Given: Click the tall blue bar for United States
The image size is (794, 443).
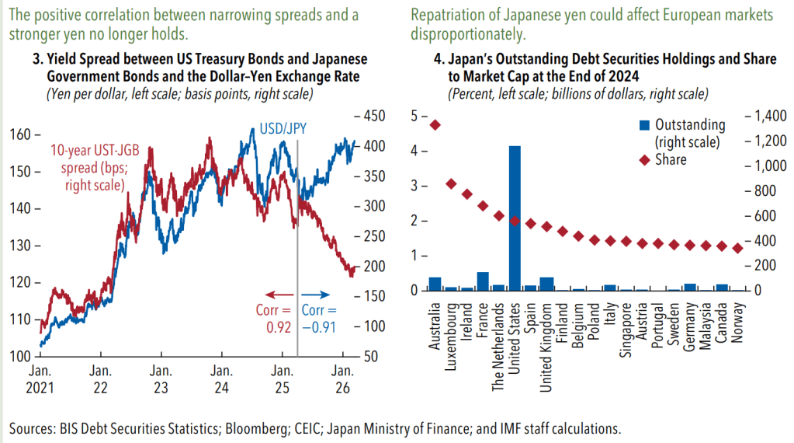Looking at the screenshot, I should tap(515, 218).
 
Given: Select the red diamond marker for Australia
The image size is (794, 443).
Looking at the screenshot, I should tap(435, 125).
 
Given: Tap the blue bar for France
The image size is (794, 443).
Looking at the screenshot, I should tap(483, 281).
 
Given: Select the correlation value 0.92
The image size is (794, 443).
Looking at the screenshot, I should tap(277, 327).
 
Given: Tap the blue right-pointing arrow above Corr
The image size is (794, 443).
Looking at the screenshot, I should tap(317, 295).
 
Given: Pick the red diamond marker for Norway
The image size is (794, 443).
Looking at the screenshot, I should tap(737, 248).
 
